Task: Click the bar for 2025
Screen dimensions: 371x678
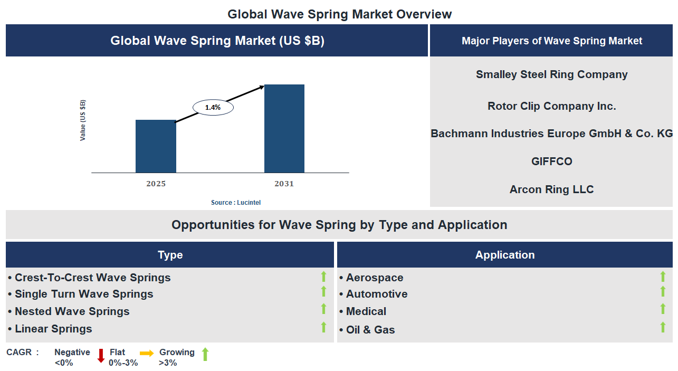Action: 156,146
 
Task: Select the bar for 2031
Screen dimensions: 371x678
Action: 284,128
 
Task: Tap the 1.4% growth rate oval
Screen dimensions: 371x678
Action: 213,107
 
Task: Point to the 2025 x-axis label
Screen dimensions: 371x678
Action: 156,184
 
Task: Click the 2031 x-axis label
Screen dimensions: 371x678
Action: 284,184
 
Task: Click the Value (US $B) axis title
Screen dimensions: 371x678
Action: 83,120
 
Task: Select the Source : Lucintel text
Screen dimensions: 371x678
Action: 236,203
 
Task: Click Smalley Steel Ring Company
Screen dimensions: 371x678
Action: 551,74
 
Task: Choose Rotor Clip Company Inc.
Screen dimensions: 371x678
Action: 551,106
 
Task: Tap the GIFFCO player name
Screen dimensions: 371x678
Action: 551,161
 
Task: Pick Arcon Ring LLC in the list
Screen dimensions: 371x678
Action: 551,189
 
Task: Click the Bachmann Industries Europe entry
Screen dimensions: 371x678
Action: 551,134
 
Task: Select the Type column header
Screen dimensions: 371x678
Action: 170,255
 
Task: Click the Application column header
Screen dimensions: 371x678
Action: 505,255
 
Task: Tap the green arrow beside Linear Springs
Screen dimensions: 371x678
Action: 324,327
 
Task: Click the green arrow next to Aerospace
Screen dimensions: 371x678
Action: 663,277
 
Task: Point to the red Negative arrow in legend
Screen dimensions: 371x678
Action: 101,356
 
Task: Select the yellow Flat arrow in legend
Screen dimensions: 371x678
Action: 147,353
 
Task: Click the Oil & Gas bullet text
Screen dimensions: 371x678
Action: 370,330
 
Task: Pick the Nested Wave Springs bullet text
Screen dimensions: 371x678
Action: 72,311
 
